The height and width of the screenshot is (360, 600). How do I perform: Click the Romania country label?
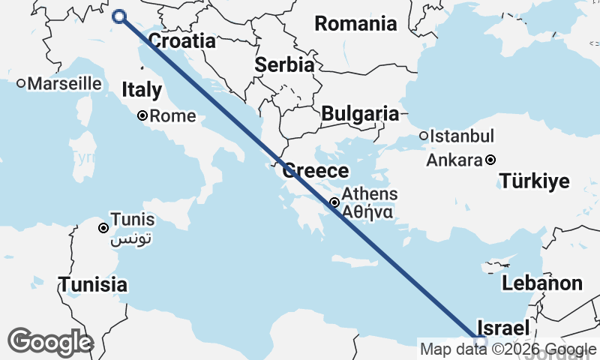pyautogui.click(x=355, y=24)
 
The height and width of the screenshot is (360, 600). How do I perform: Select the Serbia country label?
pyautogui.click(x=284, y=65)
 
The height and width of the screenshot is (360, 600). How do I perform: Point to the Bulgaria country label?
pyautogui.click(x=360, y=114)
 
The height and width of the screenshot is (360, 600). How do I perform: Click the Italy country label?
pyautogui.click(x=142, y=91)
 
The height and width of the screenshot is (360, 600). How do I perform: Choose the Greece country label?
pyautogui.click(x=315, y=171)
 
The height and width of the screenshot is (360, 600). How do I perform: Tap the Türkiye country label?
pyautogui.click(x=535, y=181)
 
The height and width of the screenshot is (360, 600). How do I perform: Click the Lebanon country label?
pyautogui.click(x=541, y=283)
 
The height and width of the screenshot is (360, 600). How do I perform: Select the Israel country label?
pyautogui.click(x=504, y=328)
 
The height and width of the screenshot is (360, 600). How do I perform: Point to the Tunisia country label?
pyautogui.click(x=93, y=285)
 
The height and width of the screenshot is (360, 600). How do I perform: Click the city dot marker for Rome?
pyautogui.click(x=142, y=116)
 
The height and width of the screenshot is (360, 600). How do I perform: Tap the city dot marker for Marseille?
pyautogui.click(x=22, y=83)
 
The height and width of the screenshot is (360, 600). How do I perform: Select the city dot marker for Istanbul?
pyautogui.click(x=424, y=136)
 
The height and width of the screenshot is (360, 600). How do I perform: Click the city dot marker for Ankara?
pyautogui.click(x=490, y=160)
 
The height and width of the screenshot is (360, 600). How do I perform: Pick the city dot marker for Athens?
pyautogui.click(x=334, y=202)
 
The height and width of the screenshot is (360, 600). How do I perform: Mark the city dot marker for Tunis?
pyautogui.click(x=103, y=227)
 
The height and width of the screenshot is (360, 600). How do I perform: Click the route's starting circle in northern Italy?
pyautogui.click(x=118, y=16)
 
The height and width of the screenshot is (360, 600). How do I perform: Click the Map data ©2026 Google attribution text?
pyautogui.click(x=508, y=349)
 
